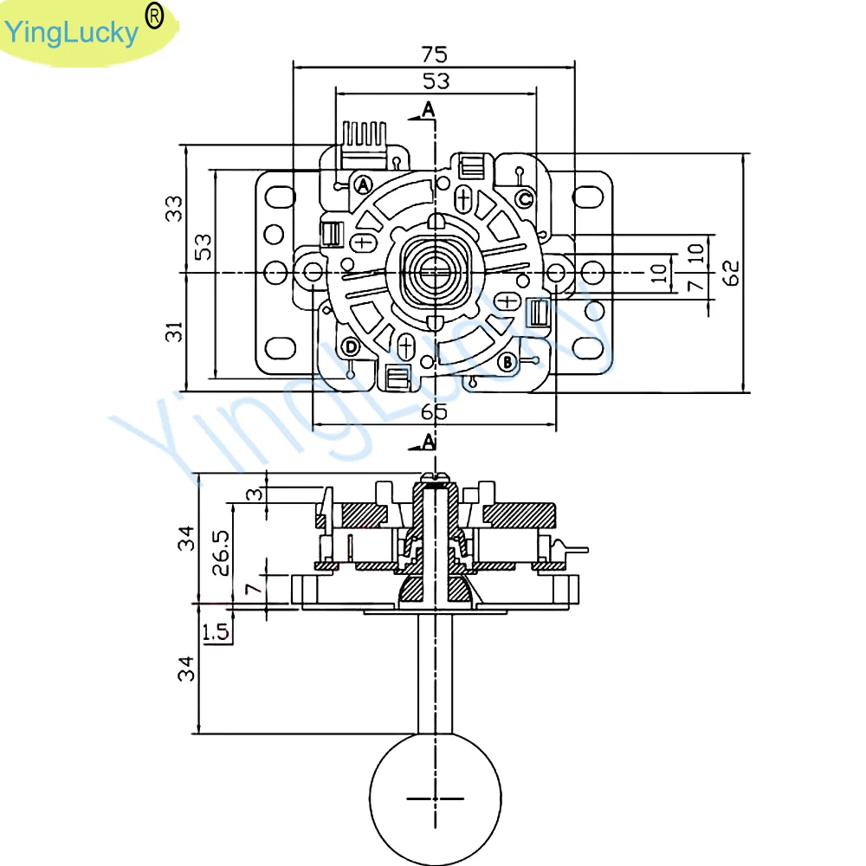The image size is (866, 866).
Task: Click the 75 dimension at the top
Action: point(435,55)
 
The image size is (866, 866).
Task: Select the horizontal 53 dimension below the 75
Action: point(435,81)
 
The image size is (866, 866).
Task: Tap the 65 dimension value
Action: point(435,412)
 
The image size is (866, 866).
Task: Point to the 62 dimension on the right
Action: point(732,272)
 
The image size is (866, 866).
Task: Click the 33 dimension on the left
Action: point(176,208)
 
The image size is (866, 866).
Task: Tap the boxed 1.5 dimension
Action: point(216,633)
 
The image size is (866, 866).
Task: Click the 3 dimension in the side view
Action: point(253,494)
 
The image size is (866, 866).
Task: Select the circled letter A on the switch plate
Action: point(363,184)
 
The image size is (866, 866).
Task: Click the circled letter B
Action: point(508,359)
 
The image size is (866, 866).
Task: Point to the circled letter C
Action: point(525,199)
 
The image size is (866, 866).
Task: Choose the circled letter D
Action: point(350,347)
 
